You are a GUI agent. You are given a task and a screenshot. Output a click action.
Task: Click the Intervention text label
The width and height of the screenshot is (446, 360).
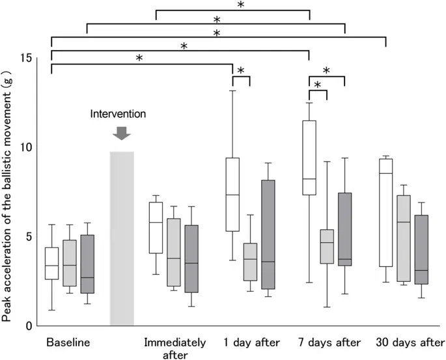(x=118, y=114)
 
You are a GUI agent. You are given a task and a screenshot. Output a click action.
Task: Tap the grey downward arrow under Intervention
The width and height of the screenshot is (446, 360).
(x=122, y=132)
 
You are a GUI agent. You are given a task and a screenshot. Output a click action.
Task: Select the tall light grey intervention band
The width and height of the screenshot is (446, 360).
(x=122, y=238)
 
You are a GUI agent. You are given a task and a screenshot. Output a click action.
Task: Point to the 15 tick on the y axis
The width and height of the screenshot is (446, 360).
(x=27, y=57)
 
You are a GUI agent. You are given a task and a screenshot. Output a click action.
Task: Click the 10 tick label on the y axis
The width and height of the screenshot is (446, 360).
(x=27, y=147)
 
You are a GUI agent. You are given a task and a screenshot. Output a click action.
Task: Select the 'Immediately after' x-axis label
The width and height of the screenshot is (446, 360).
(x=174, y=348)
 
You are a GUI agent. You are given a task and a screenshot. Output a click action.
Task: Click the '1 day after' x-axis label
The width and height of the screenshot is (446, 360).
(x=250, y=342)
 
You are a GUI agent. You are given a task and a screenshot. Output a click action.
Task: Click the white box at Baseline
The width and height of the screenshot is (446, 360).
(x=51, y=263)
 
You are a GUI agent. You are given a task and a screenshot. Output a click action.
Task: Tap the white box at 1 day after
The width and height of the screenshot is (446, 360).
(x=232, y=194)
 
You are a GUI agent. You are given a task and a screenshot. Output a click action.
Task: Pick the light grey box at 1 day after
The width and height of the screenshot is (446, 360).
(x=250, y=262)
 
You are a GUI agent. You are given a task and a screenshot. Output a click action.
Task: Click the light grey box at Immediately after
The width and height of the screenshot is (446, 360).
(x=173, y=252)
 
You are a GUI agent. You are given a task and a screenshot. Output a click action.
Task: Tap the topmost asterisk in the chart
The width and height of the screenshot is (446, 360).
(x=240, y=5)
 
